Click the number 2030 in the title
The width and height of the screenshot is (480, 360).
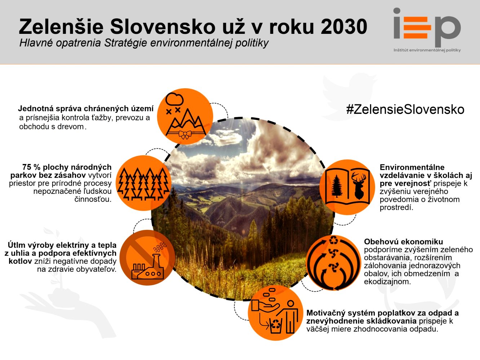click(344, 26)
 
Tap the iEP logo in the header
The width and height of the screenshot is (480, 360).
click(427, 27)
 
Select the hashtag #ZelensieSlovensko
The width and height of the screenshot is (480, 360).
click(405, 109)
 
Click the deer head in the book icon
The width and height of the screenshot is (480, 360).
click(359, 185)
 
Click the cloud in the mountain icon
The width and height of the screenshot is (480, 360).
click(174, 99)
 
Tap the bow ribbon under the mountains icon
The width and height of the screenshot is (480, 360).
click(185, 134)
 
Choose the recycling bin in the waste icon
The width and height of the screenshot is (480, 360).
click(276, 325)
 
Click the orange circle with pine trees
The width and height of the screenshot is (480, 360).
click(143, 183)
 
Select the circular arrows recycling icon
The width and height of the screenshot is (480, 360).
click(334, 262)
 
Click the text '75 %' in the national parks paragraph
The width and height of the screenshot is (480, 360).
click(31, 167)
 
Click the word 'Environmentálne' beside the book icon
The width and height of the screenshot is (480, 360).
click(412, 167)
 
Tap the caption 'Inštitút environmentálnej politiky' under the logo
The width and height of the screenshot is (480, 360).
click(427, 50)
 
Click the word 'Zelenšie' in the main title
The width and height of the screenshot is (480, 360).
click(61, 27)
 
